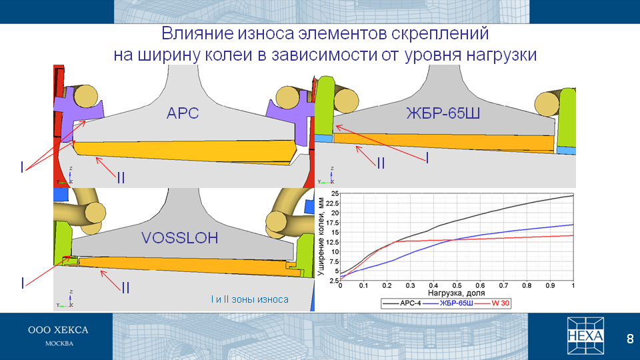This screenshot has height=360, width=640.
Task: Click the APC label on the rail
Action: click(x=183, y=113)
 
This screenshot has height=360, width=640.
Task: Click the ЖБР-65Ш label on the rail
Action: click(x=443, y=113)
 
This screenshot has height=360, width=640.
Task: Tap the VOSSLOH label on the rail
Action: click(x=180, y=238)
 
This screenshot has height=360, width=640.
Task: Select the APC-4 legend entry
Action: click(x=402, y=303)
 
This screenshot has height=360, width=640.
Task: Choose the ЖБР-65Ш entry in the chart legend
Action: click(x=448, y=303)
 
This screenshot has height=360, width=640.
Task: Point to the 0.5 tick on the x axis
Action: click(x=457, y=286)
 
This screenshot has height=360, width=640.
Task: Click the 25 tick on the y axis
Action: click(x=335, y=193)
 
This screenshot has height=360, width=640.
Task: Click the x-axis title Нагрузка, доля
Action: click(x=456, y=293)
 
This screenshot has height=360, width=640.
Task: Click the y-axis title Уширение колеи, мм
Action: click(x=321, y=237)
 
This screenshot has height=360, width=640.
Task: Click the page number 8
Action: click(x=630, y=339)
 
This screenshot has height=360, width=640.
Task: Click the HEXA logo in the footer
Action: click(x=585, y=336)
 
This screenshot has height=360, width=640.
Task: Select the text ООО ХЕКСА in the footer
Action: click(x=58, y=330)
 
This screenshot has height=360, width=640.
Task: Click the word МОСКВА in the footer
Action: click(x=59, y=344)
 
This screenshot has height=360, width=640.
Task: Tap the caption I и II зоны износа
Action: click(x=250, y=299)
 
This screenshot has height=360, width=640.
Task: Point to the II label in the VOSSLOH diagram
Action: click(x=125, y=288)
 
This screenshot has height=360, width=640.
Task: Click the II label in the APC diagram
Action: click(x=121, y=178)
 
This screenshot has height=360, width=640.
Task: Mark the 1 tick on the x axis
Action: click(x=573, y=286)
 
